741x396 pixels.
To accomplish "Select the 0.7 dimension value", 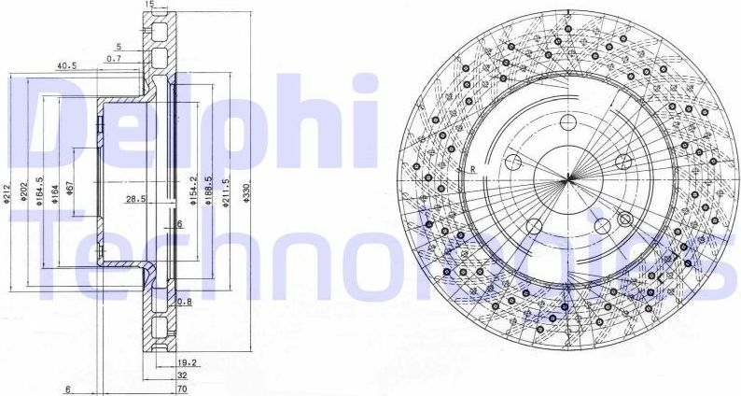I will click(x=114, y=59).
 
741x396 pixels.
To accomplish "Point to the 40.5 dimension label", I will click(x=66, y=66).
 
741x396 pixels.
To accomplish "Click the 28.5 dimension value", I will click(x=136, y=199).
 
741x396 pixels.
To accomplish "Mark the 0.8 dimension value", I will click(x=184, y=302).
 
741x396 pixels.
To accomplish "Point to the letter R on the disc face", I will click(x=474, y=169).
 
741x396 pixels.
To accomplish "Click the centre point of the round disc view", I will click(x=566, y=178).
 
